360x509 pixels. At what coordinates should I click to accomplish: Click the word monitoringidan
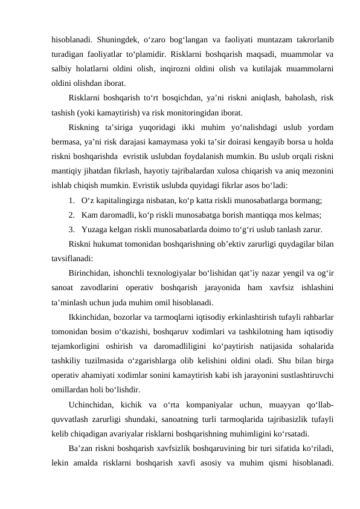click(185, 112)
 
